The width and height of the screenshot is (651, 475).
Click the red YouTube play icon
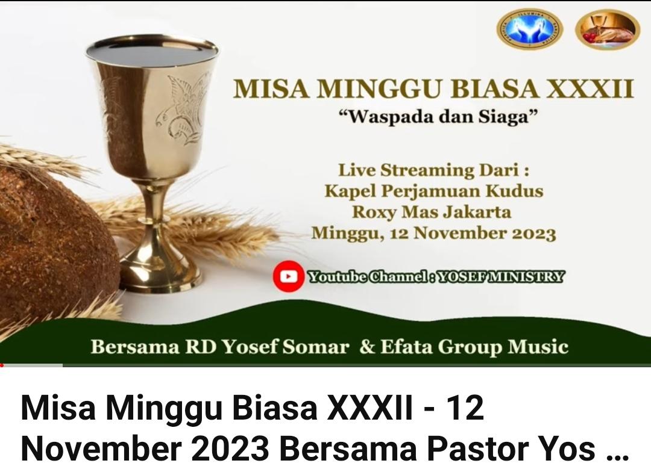click(288, 276)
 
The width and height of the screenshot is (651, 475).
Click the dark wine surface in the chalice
click(152, 51)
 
